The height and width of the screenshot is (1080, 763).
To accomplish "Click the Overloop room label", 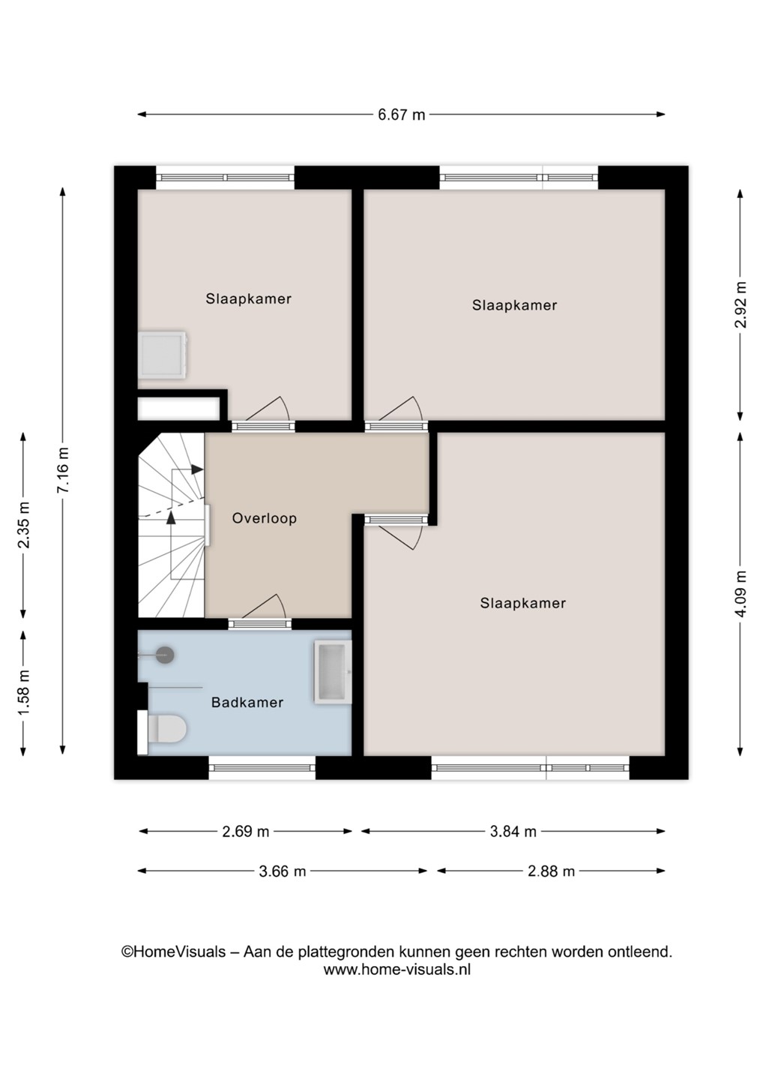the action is point(264,518).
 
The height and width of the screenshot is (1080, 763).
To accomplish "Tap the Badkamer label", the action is point(247,703).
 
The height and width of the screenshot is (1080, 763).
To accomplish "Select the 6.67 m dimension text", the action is point(401,115).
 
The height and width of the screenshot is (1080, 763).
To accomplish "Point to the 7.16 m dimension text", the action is point(63,470).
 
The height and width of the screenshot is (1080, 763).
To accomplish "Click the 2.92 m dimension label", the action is point(741,304).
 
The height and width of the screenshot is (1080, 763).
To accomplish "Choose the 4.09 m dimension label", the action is point(741,594).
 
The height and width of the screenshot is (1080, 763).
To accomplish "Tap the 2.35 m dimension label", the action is point(23,525).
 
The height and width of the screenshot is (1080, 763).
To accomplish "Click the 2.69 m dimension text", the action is point(246,832).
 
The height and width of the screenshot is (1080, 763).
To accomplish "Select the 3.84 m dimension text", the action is point(513,832).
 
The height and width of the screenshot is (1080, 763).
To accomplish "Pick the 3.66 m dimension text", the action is point(283,871).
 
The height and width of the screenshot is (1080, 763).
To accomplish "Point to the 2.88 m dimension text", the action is point(551,871).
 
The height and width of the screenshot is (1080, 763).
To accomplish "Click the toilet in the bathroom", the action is point(162,731).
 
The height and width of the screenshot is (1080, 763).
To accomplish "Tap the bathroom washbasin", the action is point(333,672).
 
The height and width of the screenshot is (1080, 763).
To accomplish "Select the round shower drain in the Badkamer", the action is point(165,655).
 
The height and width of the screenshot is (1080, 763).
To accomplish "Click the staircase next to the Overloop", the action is point(171,525).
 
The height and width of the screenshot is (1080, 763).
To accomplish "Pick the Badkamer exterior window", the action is point(262,767).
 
